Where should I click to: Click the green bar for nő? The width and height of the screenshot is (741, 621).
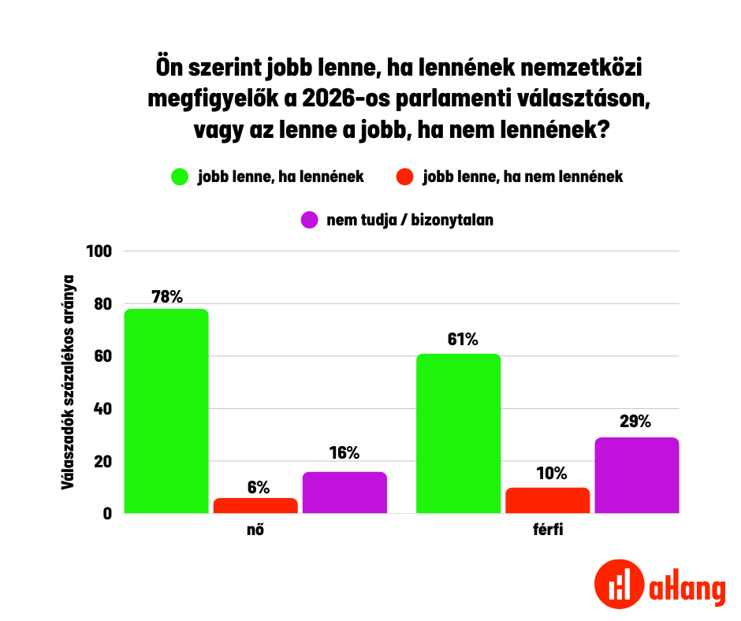click(166, 411)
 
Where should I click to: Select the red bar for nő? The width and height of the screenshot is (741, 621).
click(255, 505)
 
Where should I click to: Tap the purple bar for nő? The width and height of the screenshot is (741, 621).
click(344, 493)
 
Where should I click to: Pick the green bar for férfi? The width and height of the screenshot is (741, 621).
click(458, 433)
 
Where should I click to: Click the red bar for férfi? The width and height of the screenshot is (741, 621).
click(547, 500)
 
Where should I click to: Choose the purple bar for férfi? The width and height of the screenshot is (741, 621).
click(636, 475)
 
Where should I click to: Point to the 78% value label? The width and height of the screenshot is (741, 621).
click(166, 297)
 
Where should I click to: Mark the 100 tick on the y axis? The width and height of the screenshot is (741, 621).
click(103, 251)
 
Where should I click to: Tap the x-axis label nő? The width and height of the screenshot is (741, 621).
click(255, 530)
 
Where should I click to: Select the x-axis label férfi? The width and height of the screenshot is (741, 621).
click(547, 530)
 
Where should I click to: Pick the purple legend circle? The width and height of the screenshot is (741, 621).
click(309, 220)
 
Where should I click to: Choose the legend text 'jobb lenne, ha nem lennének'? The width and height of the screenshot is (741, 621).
click(523, 177)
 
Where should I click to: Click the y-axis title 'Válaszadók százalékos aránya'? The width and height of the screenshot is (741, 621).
click(69, 382)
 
